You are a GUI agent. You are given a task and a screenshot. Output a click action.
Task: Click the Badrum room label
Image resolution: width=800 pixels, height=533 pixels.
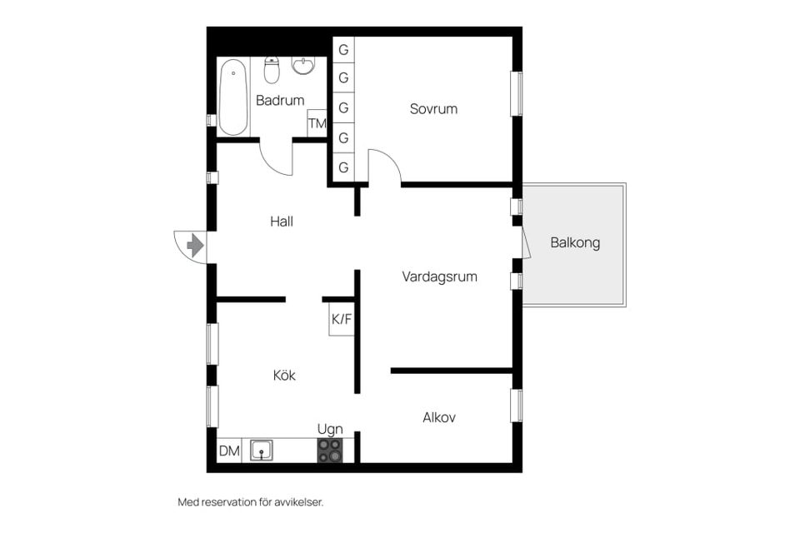tap(280, 101)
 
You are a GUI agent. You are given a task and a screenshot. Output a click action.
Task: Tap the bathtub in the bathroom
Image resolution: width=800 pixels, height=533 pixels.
tap(233, 97)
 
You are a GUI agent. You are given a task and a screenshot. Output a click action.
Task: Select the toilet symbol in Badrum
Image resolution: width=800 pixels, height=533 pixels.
tap(272, 70)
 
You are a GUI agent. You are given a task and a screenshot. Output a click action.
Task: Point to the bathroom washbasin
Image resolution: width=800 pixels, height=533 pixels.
tap(303, 65)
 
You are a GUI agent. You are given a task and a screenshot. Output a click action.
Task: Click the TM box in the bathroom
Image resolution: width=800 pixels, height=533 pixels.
tap(317, 123)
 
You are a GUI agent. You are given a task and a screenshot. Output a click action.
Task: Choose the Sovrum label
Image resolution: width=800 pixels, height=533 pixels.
tap(433, 108)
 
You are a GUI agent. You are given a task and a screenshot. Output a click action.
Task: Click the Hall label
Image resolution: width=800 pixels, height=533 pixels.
tap(282, 222)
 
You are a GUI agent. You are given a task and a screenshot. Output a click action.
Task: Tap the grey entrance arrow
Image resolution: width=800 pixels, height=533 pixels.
tap(195, 246)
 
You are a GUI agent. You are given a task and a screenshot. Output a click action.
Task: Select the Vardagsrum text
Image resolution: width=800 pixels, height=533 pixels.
tap(439, 277)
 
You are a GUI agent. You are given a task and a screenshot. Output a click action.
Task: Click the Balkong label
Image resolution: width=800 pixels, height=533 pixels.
tap(575, 243)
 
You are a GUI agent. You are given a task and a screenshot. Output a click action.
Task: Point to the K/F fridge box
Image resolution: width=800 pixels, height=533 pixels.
tap(342, 319)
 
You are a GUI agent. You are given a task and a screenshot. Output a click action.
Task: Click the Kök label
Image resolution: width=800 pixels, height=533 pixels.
tap(284, 376)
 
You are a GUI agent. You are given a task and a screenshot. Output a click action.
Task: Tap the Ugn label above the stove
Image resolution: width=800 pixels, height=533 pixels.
tap(330, 430)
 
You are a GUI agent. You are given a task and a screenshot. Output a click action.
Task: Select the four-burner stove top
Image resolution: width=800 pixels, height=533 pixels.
tap(330, 451)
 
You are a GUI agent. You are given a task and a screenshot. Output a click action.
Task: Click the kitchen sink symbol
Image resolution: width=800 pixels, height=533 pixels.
tap(261, 451)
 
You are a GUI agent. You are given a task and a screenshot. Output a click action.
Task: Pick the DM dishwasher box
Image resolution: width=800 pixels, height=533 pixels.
tap(229, 451)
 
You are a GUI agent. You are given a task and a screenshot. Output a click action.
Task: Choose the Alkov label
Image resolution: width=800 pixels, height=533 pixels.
tap(439, 418)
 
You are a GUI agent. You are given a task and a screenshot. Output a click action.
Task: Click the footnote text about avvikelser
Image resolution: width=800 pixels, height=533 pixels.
tap(251, 502)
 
